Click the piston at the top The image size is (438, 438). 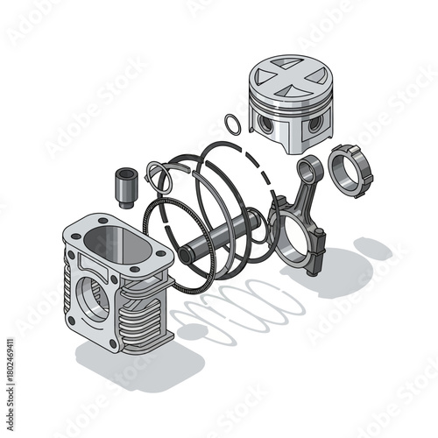tap(288, 103)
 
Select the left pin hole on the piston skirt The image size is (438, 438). tap(265, 125)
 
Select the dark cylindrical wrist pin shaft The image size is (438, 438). tap(219, 235)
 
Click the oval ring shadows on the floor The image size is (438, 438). tap(241, 307)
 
